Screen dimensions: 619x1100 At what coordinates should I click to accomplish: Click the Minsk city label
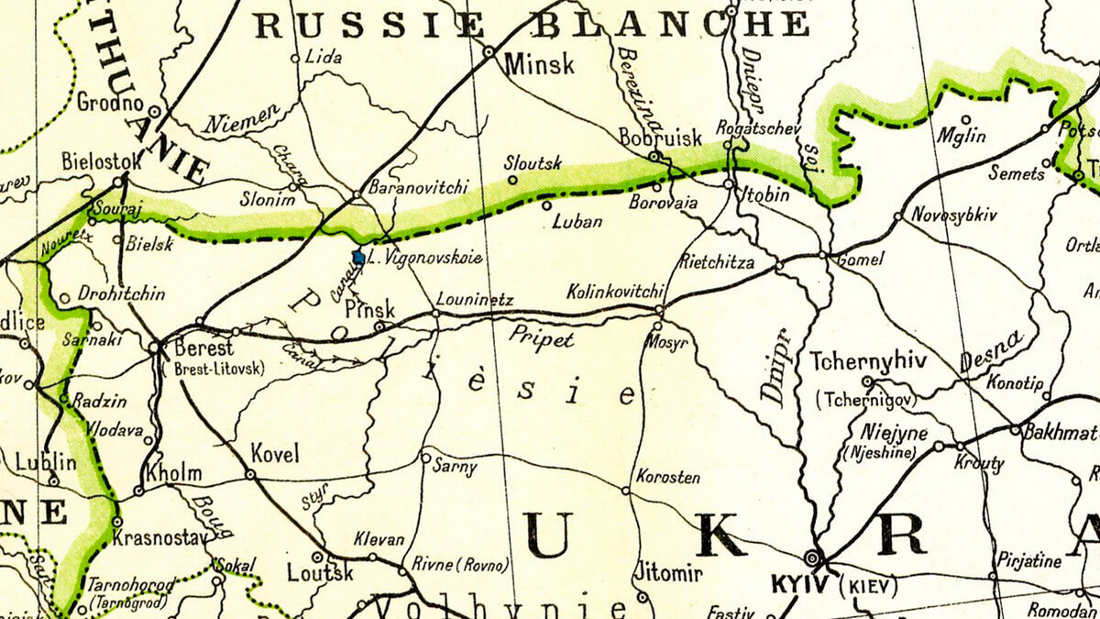[x=540, y=65]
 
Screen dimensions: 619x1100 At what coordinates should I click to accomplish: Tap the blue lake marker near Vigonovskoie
[x=359, y=259]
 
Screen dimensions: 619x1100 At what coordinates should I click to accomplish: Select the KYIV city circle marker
[x=811, y=558]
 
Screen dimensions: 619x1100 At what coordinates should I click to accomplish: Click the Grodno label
[x=111, y=101]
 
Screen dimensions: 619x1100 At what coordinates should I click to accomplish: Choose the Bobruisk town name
[x=660, y=138]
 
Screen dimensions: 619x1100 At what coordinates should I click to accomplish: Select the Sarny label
[x=456, y=469]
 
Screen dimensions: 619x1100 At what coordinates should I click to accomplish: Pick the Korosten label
[x=667, y=478]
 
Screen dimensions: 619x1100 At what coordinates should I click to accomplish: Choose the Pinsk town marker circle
[x=378, y=325]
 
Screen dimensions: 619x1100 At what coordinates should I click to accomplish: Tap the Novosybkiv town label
[x=953, y=216]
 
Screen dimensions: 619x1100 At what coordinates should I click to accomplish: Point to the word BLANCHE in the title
[x=670, y=24]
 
